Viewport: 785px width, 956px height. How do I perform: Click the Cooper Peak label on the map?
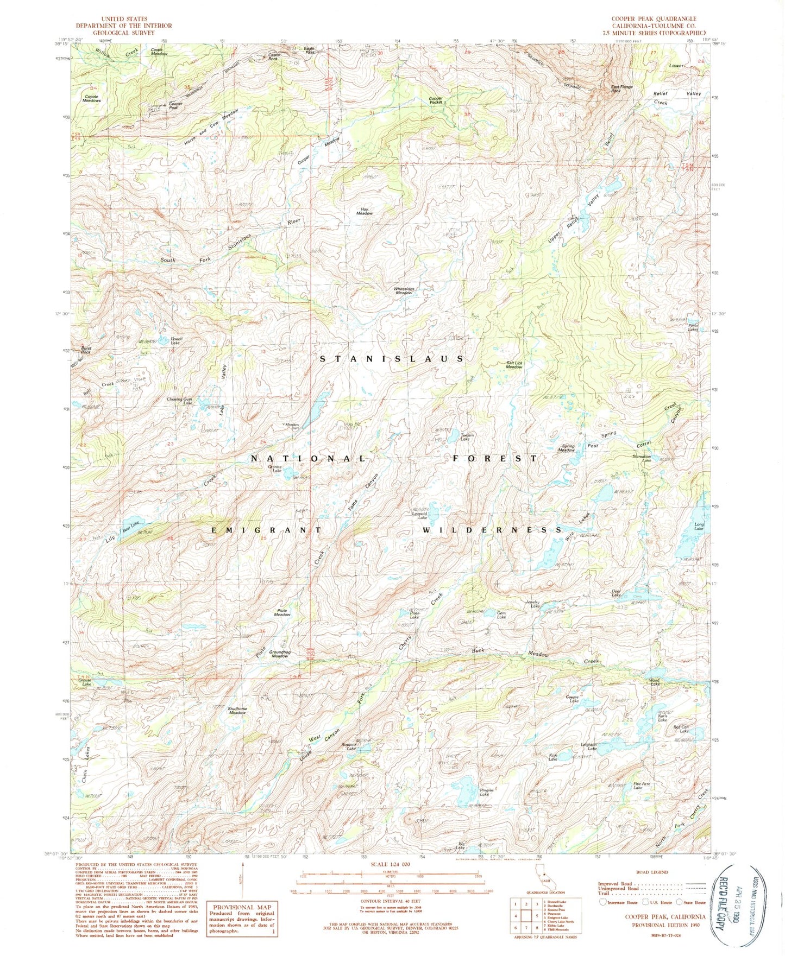pyautogui.click(x=175, y=105)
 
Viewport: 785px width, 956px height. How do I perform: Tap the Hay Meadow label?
pyautogui.click(x=364, y=211)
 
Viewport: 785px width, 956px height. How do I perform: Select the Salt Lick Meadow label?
pyautogui.click(x=514, y=365)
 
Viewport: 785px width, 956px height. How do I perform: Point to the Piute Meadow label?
pyautogui.click(x=281, y=612)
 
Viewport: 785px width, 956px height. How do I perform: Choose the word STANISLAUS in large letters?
pyautogui.click(x=391, y=359)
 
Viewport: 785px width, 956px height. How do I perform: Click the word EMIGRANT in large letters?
pyautogui.click(x=266, y=530)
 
